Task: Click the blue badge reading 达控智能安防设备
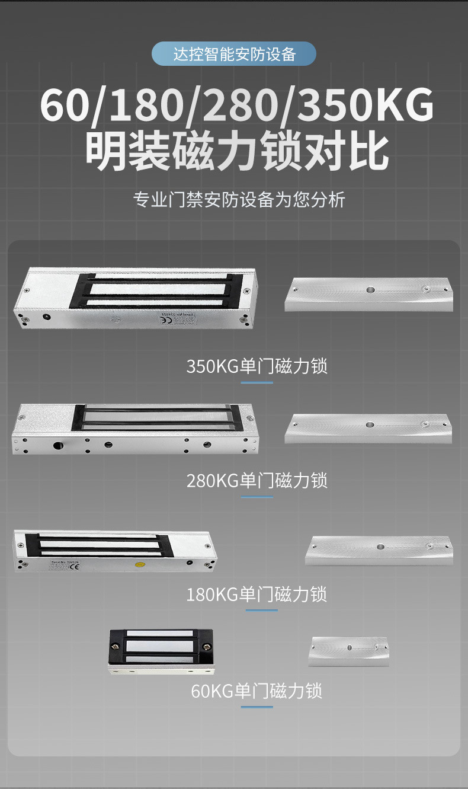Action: pos(234,54)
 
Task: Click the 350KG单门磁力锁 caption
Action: pos(257,366)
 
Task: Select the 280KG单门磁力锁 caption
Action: pos(257,480)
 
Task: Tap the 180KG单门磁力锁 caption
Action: pos(257,594)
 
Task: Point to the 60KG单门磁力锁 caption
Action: pos(257,691)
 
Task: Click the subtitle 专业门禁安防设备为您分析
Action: pos(239,199)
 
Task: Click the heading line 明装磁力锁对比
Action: pos(237,152)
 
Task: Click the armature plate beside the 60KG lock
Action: pos(349,651)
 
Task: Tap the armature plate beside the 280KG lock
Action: pos(368,428)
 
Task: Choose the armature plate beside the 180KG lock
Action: pos(379,550)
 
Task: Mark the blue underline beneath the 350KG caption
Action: pos(257,382)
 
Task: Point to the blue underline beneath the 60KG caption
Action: pos(257,707)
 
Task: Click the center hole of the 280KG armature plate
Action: pos(370,425)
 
